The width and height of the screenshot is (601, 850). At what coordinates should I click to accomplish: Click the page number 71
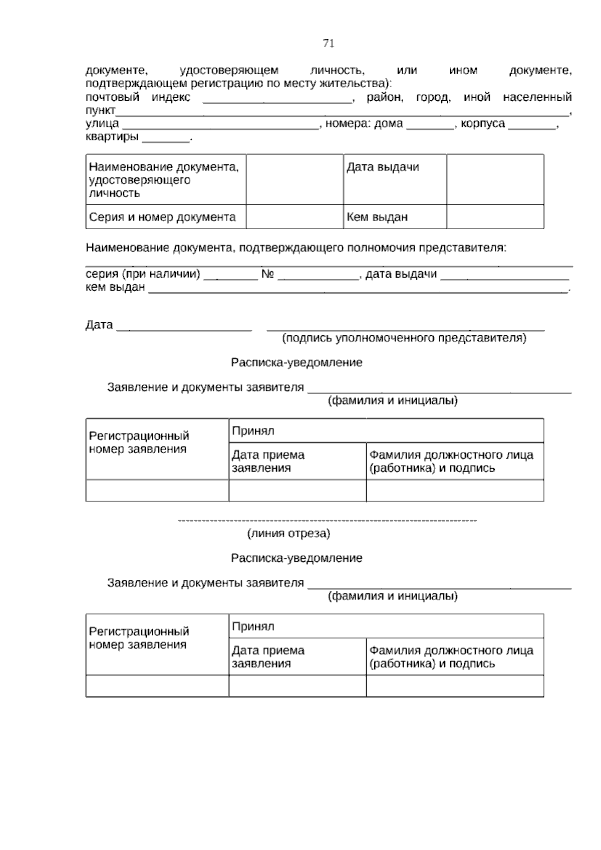point(329,44)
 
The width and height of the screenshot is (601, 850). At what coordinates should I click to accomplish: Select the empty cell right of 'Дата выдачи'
point(495,179)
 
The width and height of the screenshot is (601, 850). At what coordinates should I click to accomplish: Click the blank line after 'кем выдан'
point(358,291)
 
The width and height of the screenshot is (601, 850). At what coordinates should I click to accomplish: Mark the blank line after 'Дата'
point(184,329)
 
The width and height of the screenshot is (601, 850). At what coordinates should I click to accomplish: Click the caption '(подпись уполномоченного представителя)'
point(404,338)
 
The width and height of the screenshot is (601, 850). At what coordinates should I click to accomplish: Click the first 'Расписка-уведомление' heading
point(296,362)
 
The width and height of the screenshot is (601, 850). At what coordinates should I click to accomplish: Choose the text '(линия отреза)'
point(289,534)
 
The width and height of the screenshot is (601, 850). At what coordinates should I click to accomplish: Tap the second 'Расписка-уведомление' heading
point(296,558)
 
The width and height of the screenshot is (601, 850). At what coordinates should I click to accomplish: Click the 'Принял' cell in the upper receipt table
point(386,431)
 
